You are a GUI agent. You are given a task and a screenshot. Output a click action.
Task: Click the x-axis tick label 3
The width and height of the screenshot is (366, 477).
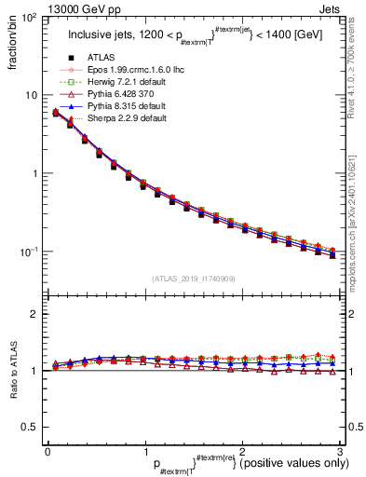click(340, 450)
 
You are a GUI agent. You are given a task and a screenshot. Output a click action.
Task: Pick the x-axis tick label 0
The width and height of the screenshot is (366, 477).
click(47, 450)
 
